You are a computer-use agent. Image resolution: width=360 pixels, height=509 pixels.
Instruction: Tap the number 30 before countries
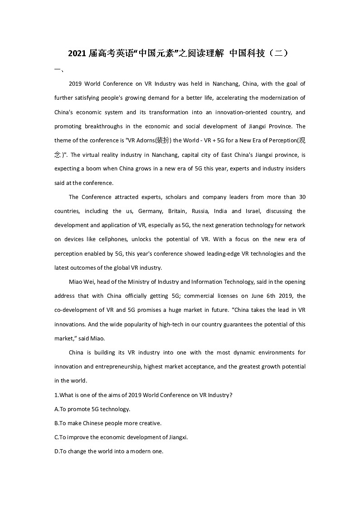click(302, 197)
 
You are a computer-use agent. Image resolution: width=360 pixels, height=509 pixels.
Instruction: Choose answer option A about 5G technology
click(92, 409)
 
